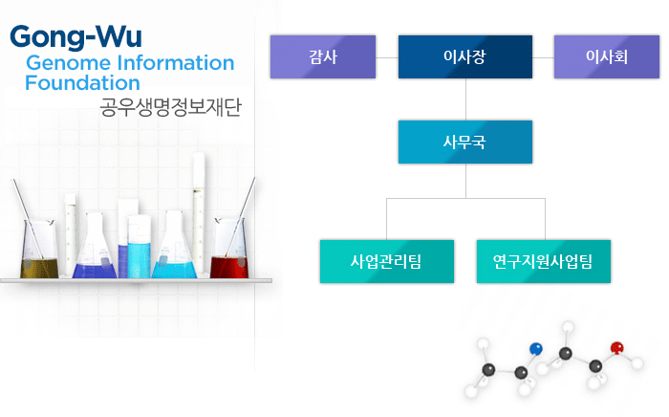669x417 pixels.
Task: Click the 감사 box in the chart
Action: click(x=323, y=56)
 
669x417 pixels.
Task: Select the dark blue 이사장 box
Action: click(x=465, y=56)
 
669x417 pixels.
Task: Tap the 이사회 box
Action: click(x=607, y=56)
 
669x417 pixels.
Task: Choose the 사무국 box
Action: click(x=465, y=142)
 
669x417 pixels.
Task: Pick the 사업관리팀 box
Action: click(x=387, y=261)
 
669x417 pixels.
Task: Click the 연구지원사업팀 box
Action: click(x=544, y=261)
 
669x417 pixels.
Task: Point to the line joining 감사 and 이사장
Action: click(x=387, y=57)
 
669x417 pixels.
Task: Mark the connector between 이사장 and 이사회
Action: click(x=543, y=57)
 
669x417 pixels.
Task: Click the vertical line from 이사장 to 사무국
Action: click(x=465, y=99)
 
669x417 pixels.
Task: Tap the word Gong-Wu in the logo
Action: click(x=76, y=37)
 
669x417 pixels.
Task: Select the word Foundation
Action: click(x=82, y=83)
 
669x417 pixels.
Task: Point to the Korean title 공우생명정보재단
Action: click(x=171, y=107)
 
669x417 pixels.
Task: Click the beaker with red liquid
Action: click(x=229, y=249)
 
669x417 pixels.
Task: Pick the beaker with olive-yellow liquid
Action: click(x=39, y=250)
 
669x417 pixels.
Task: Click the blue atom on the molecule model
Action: click(x=536, y=349)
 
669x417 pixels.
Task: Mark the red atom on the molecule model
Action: click(x=617, y=348)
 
